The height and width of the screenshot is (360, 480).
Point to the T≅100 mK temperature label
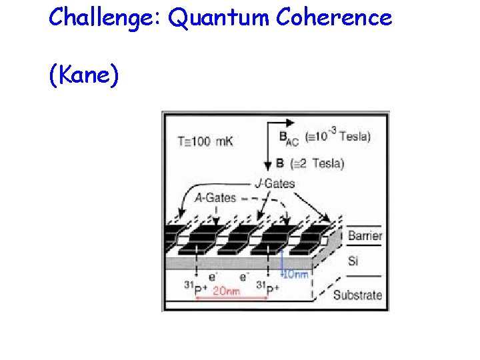click(205, 141)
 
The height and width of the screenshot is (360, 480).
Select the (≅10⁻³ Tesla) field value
click(337, 136)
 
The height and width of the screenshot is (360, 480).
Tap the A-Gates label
click(215, 197)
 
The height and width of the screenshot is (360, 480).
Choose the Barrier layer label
click(365, 235)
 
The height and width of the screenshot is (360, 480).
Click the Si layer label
click(353, 260)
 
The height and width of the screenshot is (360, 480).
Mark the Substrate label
click(357, 295)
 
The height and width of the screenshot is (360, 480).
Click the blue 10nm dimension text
click(296, 274)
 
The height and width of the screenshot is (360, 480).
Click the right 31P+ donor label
click(268, 289)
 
